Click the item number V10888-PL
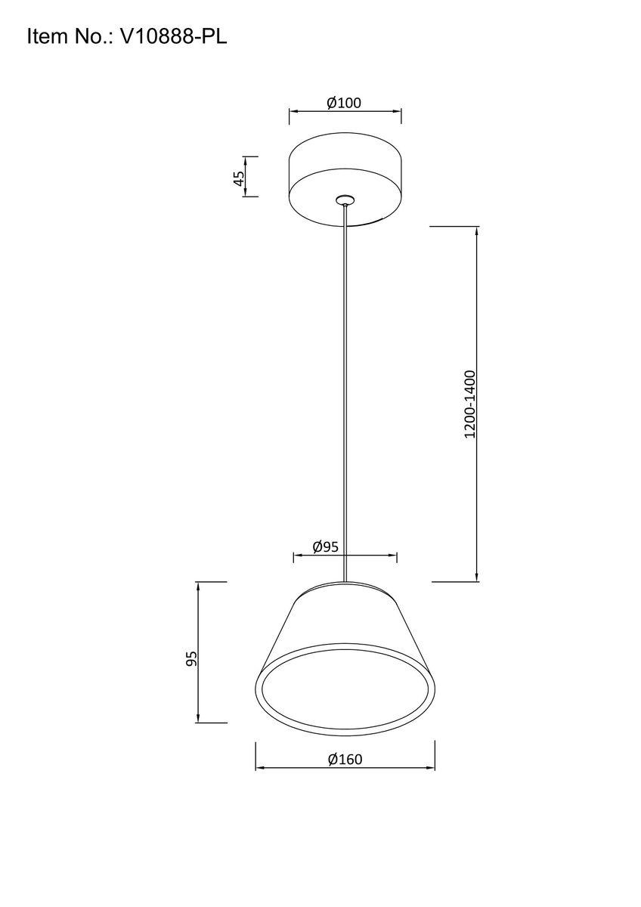(x=173, y=37)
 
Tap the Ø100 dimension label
(x=344, y=104)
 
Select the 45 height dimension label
(x=240, y=178)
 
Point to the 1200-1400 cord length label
(x=469, y=404)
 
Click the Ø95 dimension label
(x=325, y=547)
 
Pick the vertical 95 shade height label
(x=191, y=659)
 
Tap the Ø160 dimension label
(x=345, y=759)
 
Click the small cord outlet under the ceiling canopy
(x=345, y=200)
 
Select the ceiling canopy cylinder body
(x=345, y=179)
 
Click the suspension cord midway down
(x=345, y=393)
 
